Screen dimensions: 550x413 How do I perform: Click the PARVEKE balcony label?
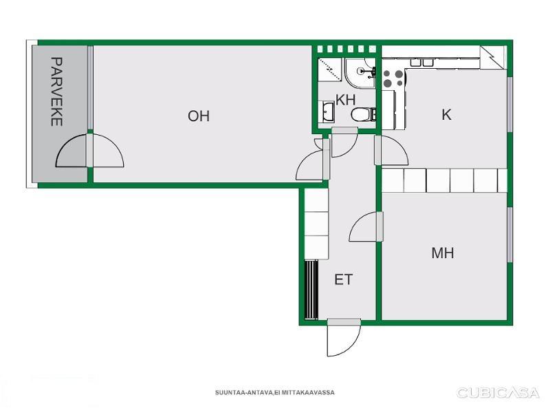pyautogui.click(x=57, y=92)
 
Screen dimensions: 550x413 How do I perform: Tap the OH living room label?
pyautogui.click(x=199, y=116)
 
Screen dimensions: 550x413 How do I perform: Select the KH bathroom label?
pyautogui.click(x=346, y=100)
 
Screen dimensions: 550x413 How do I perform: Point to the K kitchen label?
pyautogui.click(x=446, y=114)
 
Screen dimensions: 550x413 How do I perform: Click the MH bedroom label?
pyautogui.click(x=443, y=253)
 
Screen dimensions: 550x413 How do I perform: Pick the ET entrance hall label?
pyautogui.click(x=343, y=280)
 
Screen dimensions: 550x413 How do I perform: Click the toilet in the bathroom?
pyautogui.click(x=364, y=114)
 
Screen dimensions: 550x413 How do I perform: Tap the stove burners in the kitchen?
pyautogui.click(x=393, y=78)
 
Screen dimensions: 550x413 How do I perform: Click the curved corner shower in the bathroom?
pyautogui.click(x=360, y=73)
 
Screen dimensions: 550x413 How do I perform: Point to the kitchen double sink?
pyautogui.click(x=422, y=63)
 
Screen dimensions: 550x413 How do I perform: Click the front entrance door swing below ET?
pyautogui.click(x=344, y=338)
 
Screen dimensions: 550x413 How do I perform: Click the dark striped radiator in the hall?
pyautogui.click(x=311, y=290)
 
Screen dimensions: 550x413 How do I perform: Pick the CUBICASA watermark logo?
pyautogui.click(x=498, y=392)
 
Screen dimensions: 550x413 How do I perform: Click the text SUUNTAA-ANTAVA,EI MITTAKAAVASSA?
pyautogui.click(x=274, y=392)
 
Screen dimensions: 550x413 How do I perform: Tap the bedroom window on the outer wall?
pyautogui.click(x=510, y=235)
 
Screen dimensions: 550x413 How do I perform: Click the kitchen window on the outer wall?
pyautogui.click(x=510, y=105)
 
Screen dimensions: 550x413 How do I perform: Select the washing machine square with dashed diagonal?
pyautogui.click(x=330, y=70)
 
